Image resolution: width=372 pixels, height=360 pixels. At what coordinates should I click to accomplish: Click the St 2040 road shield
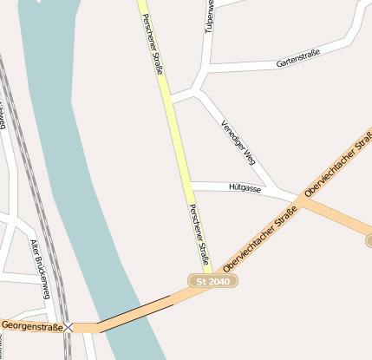click(213, 282)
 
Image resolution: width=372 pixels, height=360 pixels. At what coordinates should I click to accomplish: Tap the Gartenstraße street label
click(298, 58)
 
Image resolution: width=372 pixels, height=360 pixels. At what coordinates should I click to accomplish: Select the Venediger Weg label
click(238, 142)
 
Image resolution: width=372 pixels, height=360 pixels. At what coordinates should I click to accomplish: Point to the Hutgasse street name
click(245, 187)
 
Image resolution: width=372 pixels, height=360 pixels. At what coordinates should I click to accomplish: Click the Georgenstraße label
click(32, 326)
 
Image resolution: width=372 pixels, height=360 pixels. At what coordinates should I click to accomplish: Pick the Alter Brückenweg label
click(42, 269)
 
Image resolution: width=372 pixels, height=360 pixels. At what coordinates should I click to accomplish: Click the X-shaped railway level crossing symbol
click(69, 327)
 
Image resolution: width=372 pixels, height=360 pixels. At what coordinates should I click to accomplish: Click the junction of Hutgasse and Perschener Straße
click(190, 185)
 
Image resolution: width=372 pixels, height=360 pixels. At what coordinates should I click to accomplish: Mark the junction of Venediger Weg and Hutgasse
click(275, 191)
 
